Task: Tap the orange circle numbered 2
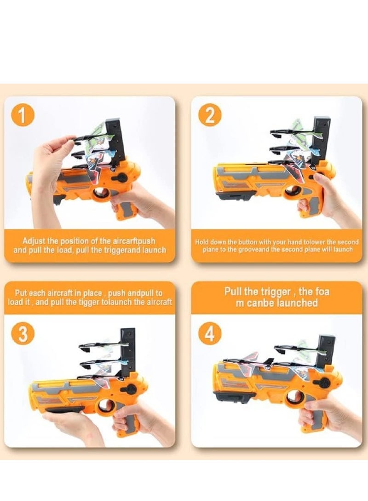tap(209, 116)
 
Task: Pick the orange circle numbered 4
tap(209, 334)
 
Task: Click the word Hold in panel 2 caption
tap(201, 242)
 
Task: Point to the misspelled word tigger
tap(90, 302)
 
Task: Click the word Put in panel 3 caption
tap(21, 293)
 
